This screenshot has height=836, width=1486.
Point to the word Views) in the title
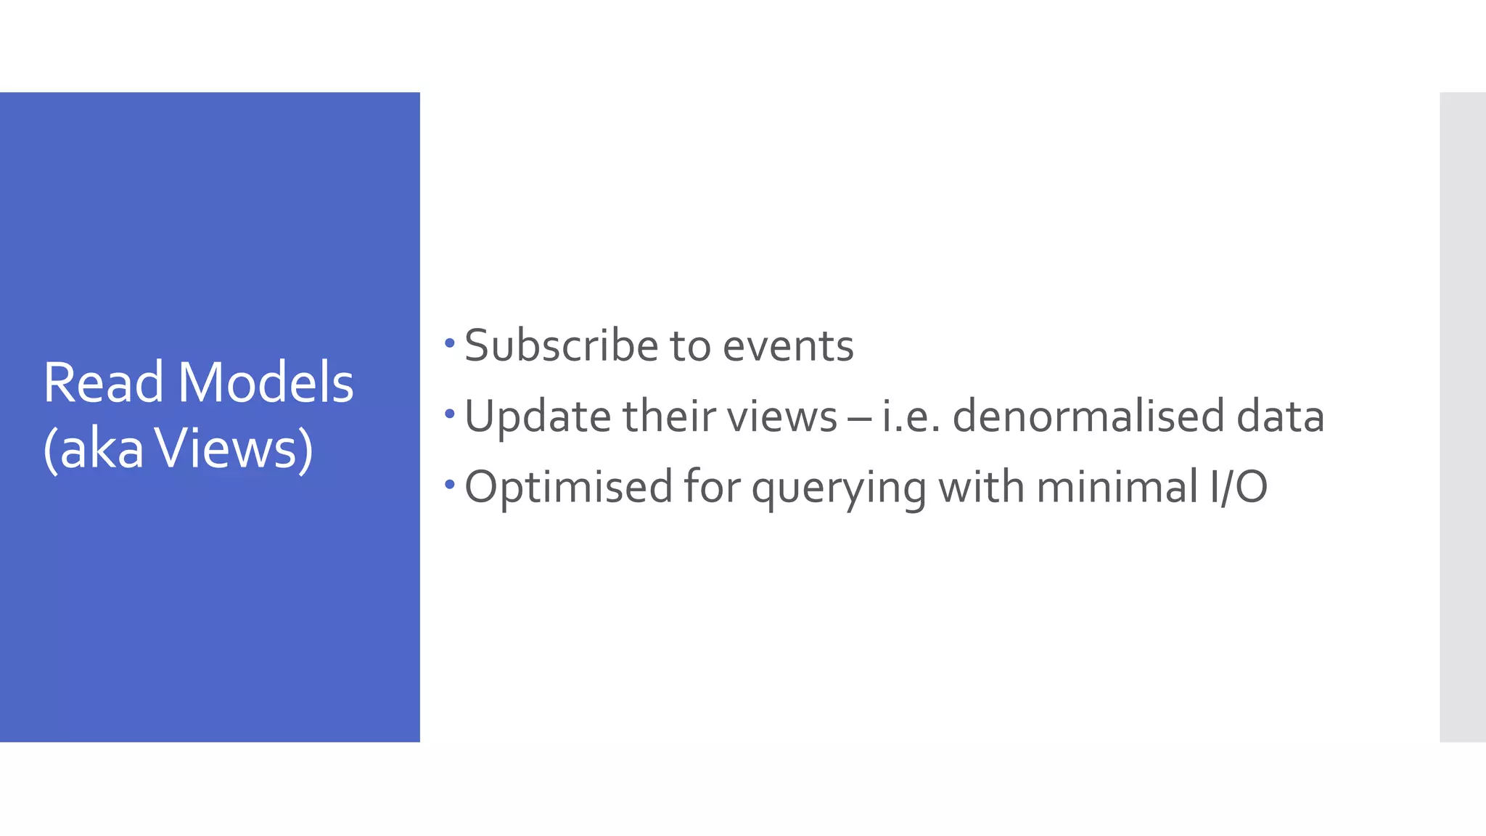tap(235, 448)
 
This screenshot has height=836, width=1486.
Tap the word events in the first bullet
tap(788, 345)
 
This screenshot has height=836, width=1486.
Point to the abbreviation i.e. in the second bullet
tap(911, 417)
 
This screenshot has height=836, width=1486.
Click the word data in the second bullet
tap(1281, 417)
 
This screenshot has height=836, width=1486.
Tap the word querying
tap(839, 487)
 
